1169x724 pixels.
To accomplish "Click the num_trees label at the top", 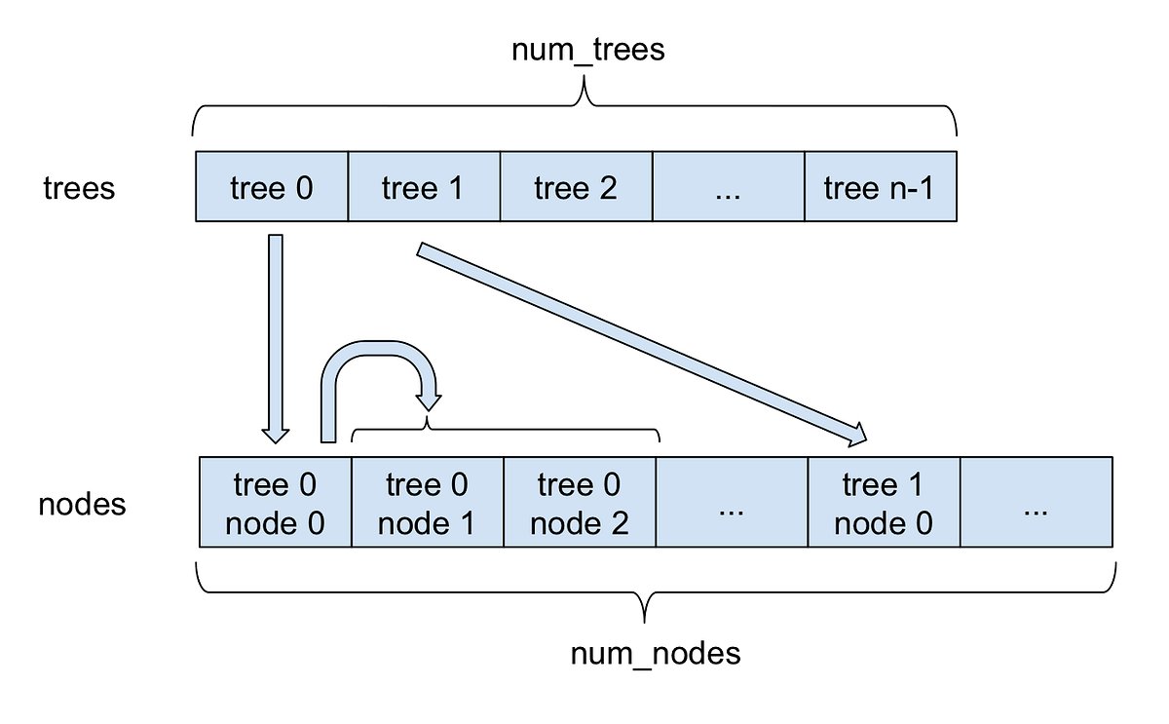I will point(587,50).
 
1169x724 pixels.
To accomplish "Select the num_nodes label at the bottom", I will point(655,654).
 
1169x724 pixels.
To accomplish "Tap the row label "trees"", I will point(79,187).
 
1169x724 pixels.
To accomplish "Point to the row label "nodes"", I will point(82,505).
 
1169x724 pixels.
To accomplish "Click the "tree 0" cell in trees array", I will point(272,187).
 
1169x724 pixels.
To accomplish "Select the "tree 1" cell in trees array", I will point(423,187).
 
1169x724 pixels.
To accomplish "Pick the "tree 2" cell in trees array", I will point(576,187).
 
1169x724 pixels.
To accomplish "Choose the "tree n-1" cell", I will point(879,187).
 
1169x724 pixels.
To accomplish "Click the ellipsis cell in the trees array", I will point(728,187).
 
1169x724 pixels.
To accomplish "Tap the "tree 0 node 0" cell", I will point(275,504).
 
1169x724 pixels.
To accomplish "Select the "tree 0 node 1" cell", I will point(427,504).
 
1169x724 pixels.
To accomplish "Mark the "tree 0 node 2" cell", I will point(580,504).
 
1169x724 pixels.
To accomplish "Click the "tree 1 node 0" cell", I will point(884,504).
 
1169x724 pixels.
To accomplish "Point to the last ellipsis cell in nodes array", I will point(1037,504).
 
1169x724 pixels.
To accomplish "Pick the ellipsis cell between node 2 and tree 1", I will point(732,504).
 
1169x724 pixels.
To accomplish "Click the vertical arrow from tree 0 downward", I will point(276,336).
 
